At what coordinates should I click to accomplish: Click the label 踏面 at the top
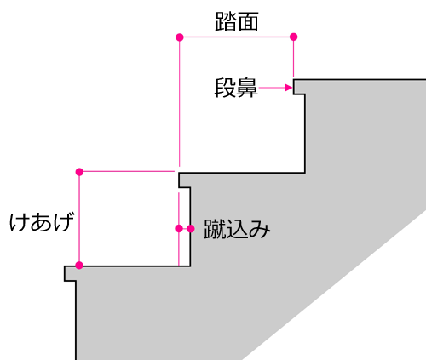click(237, 21)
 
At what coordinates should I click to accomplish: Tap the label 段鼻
click(236, 88)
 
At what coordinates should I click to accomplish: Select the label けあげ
click(42, 221)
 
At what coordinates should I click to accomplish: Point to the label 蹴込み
click(237, 229)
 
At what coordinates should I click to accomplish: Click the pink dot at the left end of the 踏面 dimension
click(180, 37)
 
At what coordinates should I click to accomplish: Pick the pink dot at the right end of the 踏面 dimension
click(294, 37)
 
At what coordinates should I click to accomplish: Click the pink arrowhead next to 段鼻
click(289, 88)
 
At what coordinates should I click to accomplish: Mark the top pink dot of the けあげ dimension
click(79, 172)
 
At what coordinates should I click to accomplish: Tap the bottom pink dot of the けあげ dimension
click(79, 266)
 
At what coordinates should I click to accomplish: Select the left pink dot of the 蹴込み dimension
click(179, 228)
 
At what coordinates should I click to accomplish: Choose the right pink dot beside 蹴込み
click(191, 228)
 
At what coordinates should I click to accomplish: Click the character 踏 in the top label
click(226, 21)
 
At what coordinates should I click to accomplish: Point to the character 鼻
click(247, 88)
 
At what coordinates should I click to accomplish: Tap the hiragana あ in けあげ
click(42, 222)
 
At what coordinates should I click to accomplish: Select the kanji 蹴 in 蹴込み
click(215, 229)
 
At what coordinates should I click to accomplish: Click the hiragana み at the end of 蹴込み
click(259, 229)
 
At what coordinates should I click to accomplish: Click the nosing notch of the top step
click(299, 87)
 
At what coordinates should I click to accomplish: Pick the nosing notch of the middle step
click(185, 180)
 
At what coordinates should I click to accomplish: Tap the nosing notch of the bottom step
click(70, 273)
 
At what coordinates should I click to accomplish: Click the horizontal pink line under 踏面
click(237, 37)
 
